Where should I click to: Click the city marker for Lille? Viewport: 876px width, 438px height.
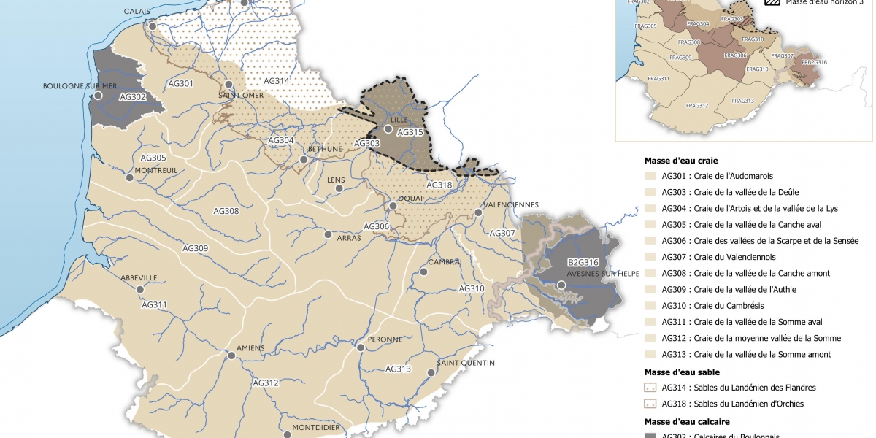388,129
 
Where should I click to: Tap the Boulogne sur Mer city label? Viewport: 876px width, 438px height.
80,85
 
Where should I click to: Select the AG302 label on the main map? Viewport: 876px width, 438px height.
133,96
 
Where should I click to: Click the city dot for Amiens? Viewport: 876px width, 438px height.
231,356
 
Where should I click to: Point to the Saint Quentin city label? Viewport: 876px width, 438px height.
466,363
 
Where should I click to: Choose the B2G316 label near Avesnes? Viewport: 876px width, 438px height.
583,263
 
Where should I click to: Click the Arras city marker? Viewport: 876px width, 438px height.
328,235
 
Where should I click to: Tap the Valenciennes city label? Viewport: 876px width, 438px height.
510,204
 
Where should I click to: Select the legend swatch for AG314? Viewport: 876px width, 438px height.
650,388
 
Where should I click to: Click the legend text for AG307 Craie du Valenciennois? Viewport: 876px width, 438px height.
718,257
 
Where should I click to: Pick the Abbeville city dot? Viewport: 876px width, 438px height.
140,289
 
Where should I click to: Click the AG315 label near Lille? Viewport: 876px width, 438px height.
410,133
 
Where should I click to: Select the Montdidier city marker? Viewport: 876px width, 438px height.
287,434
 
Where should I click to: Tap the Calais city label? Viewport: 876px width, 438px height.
137,12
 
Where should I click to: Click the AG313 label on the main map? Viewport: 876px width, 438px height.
398,369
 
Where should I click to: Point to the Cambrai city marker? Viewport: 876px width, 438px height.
423,272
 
